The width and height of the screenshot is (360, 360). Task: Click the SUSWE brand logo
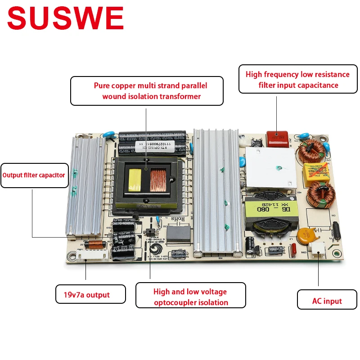pos(65,19)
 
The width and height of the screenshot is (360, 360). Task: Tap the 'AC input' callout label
pos(327,301)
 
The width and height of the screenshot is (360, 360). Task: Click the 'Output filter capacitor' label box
pos(34,175)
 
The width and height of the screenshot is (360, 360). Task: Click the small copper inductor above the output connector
pos(94,245)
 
